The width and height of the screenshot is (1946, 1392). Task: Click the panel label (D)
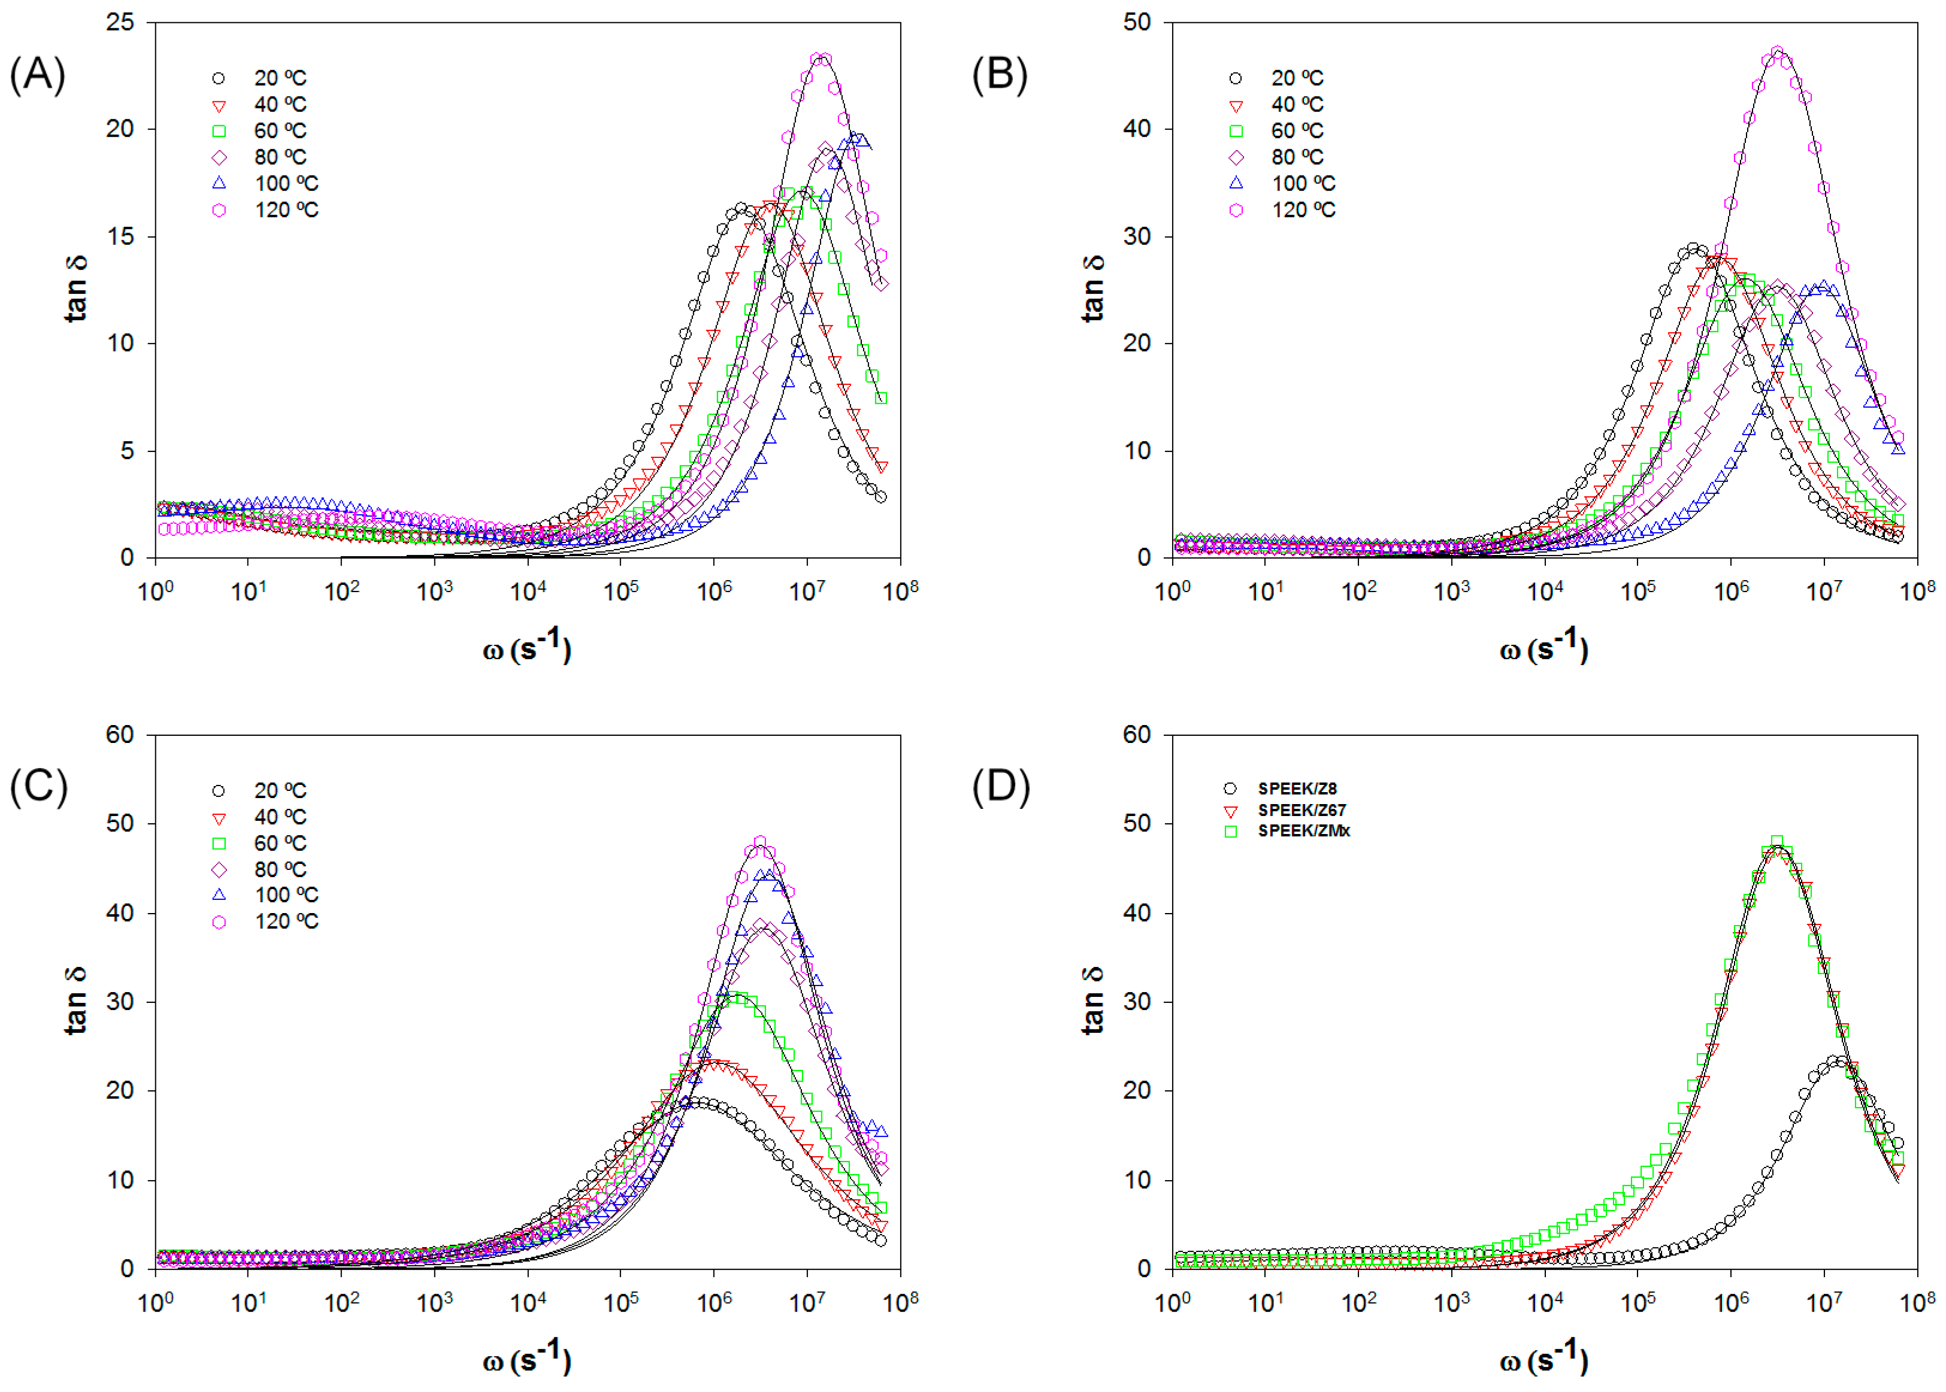[1000, 786]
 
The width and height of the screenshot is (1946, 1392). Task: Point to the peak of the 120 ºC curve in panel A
[821, 59]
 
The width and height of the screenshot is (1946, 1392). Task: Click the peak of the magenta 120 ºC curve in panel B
[1777, 53]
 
